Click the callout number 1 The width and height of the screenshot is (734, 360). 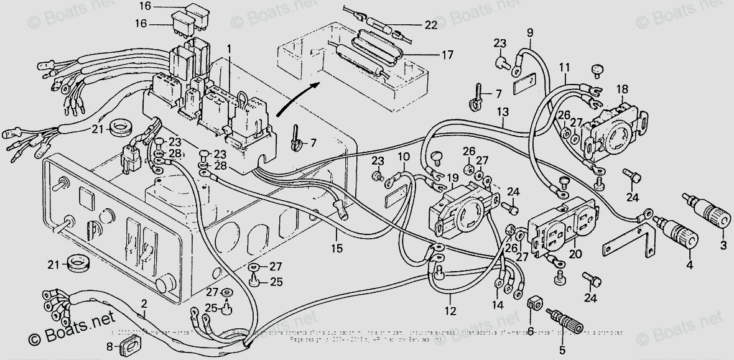(230, 48)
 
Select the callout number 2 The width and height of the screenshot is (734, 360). (144, 304)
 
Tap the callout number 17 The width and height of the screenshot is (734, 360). (447, 55)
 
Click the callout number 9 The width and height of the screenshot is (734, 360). (530, 32)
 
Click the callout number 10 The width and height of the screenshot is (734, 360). (404, 157)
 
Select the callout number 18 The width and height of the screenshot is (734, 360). (623, 90)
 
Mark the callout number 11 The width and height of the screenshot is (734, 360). (564, 67)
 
